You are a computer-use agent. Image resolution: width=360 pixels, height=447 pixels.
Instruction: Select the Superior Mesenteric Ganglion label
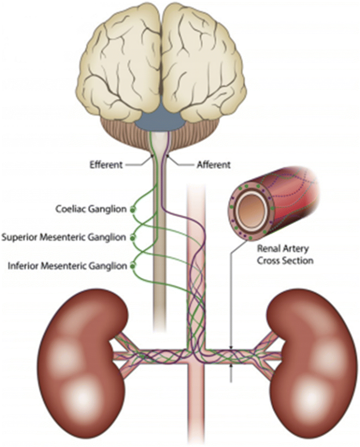[x=64, y=237]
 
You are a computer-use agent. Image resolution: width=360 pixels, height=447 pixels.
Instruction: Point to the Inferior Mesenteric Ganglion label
[x=67, y=266]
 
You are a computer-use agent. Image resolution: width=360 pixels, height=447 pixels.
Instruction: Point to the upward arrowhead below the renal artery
[x=232, y=365]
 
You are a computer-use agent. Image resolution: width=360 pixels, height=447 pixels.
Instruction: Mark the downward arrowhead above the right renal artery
[x=232, y=347]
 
